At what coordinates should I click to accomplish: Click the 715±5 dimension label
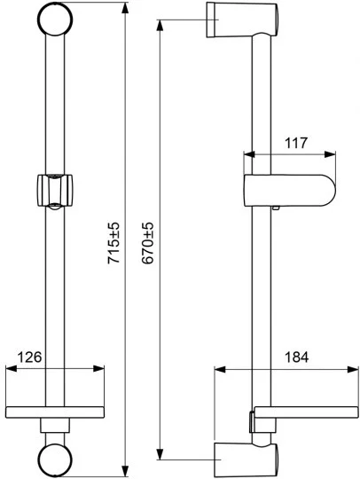[113, 243]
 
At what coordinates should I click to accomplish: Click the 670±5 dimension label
[148, 243]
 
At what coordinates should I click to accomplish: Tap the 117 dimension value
[296, 143]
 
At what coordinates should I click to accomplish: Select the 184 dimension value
[296, 357]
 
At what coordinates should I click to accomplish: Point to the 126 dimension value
[29, 357]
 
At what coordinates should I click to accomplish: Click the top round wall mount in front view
[55, 19]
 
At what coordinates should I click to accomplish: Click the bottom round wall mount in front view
[55, 459]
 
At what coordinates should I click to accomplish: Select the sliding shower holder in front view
[55, 192]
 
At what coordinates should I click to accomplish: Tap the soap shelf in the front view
[55, 412]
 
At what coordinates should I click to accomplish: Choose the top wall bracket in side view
[242, 20]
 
